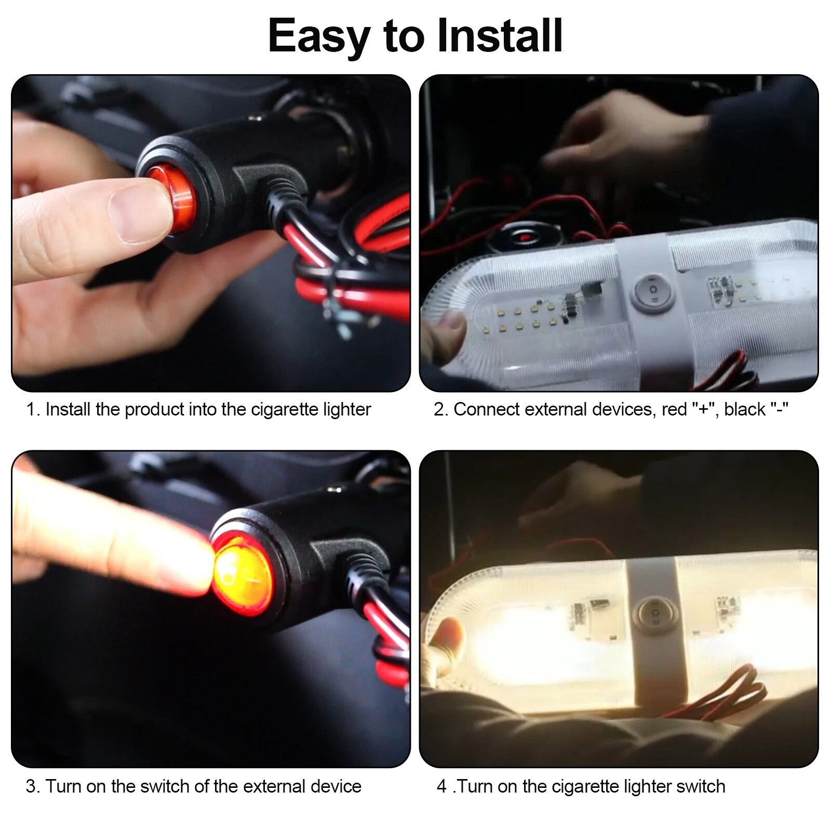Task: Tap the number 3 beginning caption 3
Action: pyautogui.click(x=32, y=786)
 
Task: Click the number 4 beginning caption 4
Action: pyautogui.click(x=441, y=786)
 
